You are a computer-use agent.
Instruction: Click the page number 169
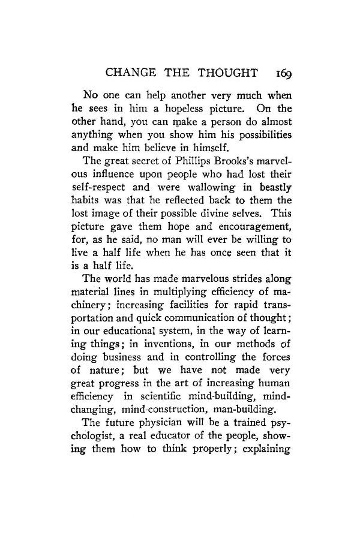[280, 74]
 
